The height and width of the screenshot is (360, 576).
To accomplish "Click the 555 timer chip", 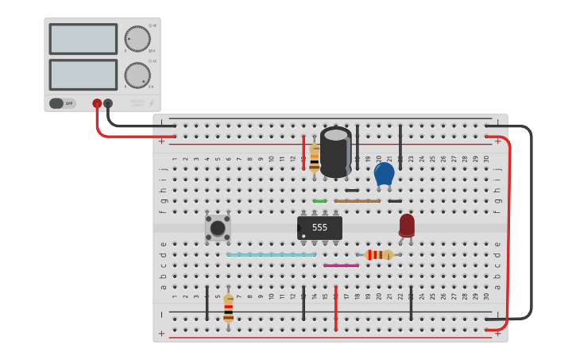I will [x=319, y=228].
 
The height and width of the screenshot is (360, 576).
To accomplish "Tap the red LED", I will [x=407, y=225].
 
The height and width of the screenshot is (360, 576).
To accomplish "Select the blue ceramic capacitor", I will [x=384, y=173].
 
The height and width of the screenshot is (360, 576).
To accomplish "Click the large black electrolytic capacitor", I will [x=335, y=152].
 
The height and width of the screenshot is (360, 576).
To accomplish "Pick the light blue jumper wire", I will [x=271, y=255].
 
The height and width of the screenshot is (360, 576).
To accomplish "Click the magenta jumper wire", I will [x=341, y=265].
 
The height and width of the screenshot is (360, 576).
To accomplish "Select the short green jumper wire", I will [x=319, y=201].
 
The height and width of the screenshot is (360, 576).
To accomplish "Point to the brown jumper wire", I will [x=357, y=201].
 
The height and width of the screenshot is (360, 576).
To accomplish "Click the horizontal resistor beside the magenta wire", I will [x=379, y=254].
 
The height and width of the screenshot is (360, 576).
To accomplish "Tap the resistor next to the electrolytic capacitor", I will [x=315, y=157].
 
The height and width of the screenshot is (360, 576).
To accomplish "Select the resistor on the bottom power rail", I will [x=229, y=308].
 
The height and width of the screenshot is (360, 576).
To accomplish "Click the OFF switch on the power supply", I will [x=63, y=103].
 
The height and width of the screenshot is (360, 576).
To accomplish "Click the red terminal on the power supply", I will [x=97, y=103].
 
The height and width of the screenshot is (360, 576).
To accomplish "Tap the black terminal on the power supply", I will [x=108, y=103].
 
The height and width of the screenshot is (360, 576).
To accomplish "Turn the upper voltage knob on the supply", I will [x=137, y=38].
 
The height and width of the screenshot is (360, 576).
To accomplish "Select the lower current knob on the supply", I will [x=137, y=75].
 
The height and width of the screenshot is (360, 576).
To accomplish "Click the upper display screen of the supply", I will [x=83, y=39].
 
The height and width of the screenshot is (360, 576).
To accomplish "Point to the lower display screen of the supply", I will [x=83, y=75].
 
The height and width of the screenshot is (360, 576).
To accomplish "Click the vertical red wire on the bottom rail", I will [x=336, y=308].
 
